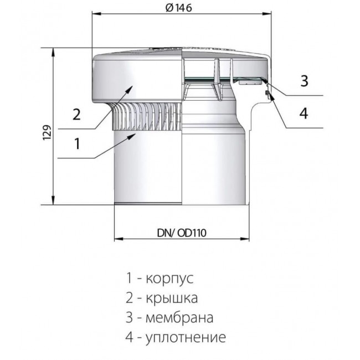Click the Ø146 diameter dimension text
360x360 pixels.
point(179,8)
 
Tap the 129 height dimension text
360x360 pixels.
point(47,133)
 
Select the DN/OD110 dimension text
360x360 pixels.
point(182,233)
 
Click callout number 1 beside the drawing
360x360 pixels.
point(77,143)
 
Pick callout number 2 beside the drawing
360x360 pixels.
point(76,114)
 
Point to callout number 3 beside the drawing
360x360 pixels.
point(304,81)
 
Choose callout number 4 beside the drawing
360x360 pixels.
point(304,113)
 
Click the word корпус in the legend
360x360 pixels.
point(169,278)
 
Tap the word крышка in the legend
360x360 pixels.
point(172,298)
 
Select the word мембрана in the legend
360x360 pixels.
point(179,317)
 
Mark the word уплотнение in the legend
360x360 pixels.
point(186,337)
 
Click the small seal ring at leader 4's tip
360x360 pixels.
point(267,92)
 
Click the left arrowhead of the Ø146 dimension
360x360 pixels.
point(96,14)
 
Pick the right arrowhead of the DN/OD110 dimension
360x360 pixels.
point(244,239)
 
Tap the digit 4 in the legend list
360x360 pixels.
point(129,337)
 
